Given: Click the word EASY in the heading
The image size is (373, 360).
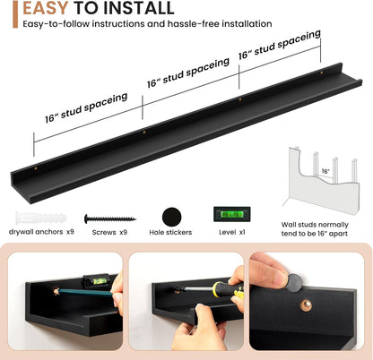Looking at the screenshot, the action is point(46,8).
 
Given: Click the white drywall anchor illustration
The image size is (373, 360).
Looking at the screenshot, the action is point(41,218).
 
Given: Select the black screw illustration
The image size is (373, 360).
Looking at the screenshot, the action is point(109,219).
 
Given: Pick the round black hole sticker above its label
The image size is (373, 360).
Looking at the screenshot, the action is point(171,217).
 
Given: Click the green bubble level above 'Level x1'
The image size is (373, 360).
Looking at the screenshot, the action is point(232,214).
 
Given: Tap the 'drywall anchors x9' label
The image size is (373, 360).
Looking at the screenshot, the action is point(41,232).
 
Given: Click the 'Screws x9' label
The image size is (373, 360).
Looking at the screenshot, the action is point(109,232).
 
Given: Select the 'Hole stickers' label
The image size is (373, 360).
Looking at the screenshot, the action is point(170,232).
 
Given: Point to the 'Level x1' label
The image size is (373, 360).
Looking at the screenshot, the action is point(232,232).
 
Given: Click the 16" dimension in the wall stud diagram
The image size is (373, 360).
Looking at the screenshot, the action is point(325,171).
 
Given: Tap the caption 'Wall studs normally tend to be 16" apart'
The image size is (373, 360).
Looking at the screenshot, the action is point(315,229).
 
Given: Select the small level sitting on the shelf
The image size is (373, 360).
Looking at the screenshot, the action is point(97,280).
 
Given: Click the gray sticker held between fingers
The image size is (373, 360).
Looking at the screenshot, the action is point(294,282).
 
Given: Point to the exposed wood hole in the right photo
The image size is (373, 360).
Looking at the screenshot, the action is point(306,305).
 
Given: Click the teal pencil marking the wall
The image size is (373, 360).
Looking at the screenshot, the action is point(85,293).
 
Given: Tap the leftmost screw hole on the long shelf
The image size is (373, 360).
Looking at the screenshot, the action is point(36,168).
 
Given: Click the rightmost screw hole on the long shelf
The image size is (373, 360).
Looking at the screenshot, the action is point(322,73).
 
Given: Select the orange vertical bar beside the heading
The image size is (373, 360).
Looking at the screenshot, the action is point(15,14).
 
